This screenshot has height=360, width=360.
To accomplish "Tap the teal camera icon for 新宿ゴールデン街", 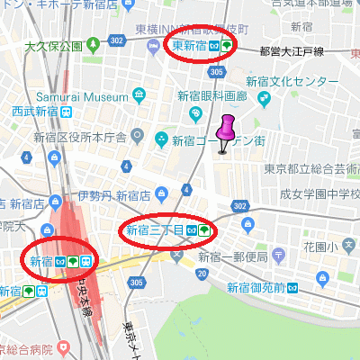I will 160,139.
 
